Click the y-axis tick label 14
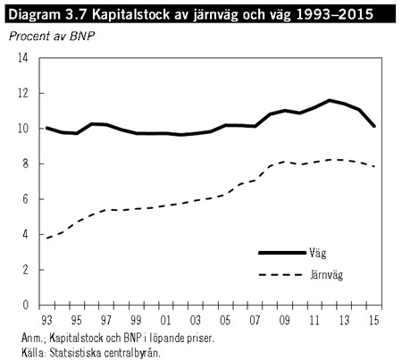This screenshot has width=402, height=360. click(23, 58)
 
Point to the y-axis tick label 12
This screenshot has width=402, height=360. click(23, 93)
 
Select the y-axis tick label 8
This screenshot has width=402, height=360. click(25, 163)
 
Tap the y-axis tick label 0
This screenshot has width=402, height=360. click(25, 305)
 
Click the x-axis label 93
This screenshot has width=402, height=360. click(46, 321)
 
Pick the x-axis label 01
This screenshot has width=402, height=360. click(165, 321)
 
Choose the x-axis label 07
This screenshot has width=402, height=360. click(255, 321)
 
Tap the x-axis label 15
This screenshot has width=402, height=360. click(373, 321)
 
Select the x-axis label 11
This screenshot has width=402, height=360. click(314, 321)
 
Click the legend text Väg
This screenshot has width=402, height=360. click(318, 254)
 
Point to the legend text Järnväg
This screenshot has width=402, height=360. click(326, 275)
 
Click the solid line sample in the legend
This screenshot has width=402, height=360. click(282, 253)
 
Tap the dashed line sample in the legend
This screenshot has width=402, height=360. click(281, 274)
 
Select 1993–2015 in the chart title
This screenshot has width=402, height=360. click(335, 14)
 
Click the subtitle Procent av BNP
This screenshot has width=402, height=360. click(52, 37)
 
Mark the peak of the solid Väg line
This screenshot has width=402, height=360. click(330, 100)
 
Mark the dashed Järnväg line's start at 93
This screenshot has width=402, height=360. click(46, 239)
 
